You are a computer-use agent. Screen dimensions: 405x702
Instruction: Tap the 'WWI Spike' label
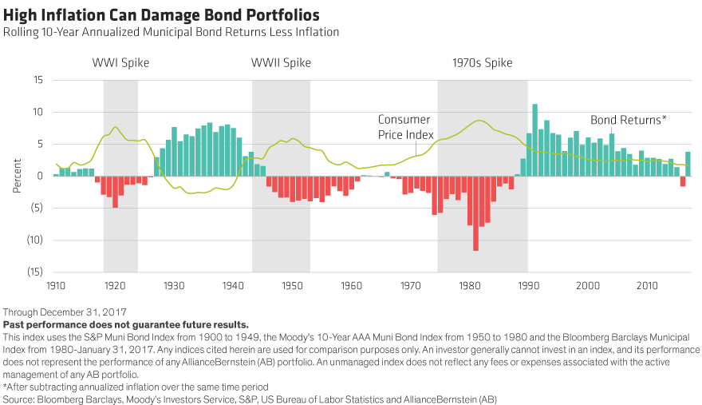[120, 63]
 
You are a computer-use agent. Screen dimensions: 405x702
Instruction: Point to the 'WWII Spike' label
[281, 63]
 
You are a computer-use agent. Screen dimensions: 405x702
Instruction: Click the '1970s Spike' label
[482, 63]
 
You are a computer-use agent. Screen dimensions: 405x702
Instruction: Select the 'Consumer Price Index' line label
[404, 128]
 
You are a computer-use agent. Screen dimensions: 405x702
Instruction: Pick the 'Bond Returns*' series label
[628, 120]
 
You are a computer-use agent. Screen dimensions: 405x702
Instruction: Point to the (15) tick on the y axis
[34, 272]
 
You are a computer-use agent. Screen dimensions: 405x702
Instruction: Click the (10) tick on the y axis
[34, 240]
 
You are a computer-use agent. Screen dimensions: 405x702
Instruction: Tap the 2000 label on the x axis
[588, 285]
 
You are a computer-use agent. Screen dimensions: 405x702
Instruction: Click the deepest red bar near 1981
[475, 213]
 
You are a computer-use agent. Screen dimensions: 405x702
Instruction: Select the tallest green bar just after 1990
[534, 140]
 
